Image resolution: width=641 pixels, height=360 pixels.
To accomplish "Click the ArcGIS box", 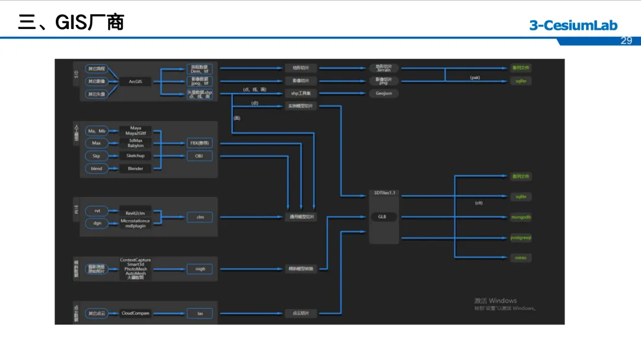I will (135, 81).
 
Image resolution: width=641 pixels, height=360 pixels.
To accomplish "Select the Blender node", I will (135, 168).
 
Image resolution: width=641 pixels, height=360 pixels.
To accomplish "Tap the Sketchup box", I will (135, 155).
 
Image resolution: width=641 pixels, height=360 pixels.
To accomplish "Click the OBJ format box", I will (199, 155).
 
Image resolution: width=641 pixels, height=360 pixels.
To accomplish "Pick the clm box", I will (199, 217).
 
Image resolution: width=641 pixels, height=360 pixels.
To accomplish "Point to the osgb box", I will (199, 269).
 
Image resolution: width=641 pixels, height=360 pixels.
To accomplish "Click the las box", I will (199, 313).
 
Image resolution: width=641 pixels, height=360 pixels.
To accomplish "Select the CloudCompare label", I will (135, 313).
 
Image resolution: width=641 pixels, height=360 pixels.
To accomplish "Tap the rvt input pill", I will (96, 211).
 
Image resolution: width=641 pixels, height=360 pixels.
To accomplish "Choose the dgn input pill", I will (96, 224).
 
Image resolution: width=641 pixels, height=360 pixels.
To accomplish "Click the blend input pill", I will (96, 168).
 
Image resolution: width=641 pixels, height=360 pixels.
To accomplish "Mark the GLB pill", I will (383, 217).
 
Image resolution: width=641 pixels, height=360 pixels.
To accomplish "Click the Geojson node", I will (383, 93).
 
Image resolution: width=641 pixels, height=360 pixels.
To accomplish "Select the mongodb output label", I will (521, 217).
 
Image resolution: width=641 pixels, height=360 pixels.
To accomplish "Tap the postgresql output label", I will (521, 237).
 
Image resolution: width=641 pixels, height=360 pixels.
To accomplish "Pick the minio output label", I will (521, 257).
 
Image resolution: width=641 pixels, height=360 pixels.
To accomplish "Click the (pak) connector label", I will (474, 78).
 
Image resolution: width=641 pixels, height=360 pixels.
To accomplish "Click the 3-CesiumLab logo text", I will (573, 25).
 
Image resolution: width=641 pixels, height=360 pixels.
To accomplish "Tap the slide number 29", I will (626, 40).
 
